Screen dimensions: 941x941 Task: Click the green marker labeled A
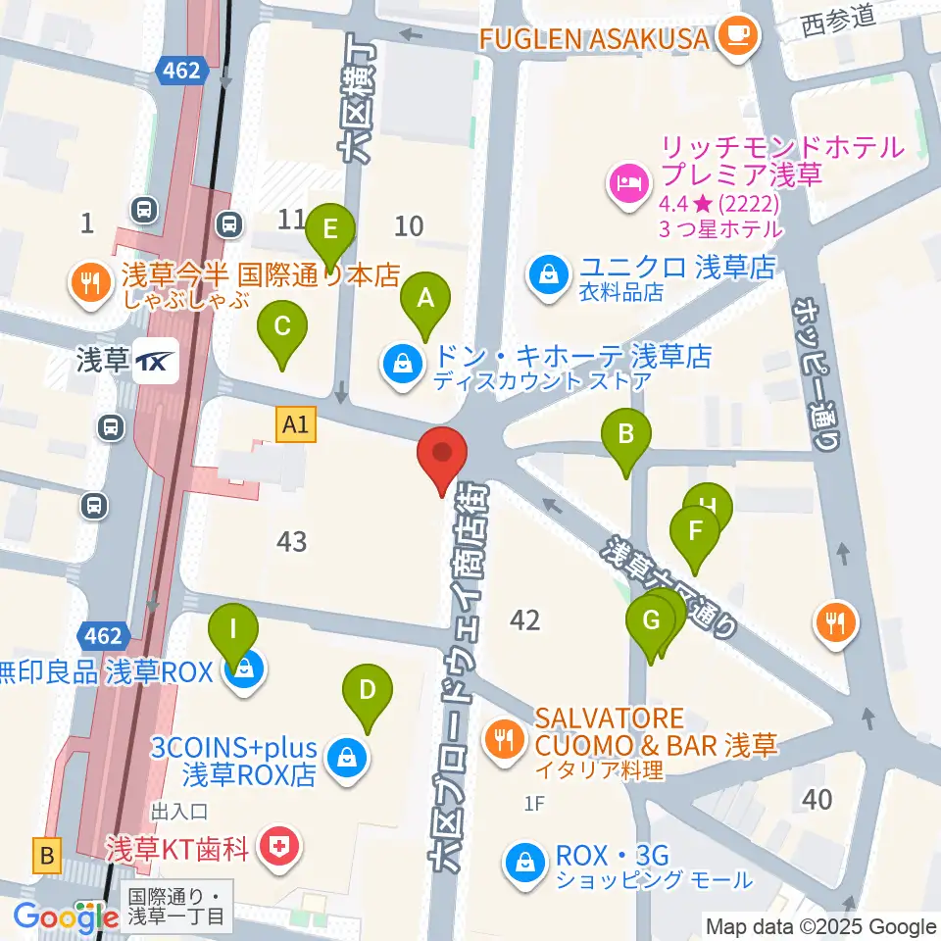[425, 299]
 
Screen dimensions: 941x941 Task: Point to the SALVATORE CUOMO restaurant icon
[505, 736]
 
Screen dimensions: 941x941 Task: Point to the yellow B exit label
[46, 856]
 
